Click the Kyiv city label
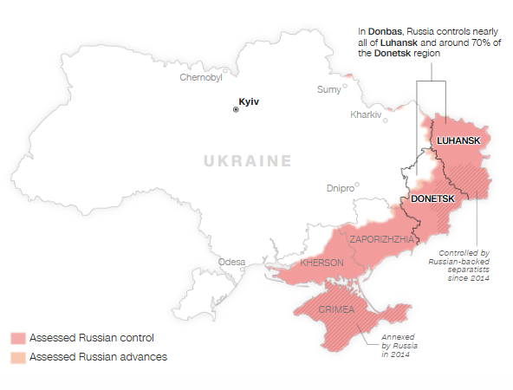[249, 102]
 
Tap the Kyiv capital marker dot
[235, 109]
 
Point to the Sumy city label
[329, 89]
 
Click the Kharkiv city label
[366, 115]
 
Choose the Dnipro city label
[341, 187]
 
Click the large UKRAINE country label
[247, 160]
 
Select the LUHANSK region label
[458, 140]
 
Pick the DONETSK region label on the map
[432, 198]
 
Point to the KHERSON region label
[321, 263]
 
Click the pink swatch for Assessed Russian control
[18, 337]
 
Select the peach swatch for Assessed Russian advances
[18, 356]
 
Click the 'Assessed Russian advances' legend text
[98, 356]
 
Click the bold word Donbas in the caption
[384, 31]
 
